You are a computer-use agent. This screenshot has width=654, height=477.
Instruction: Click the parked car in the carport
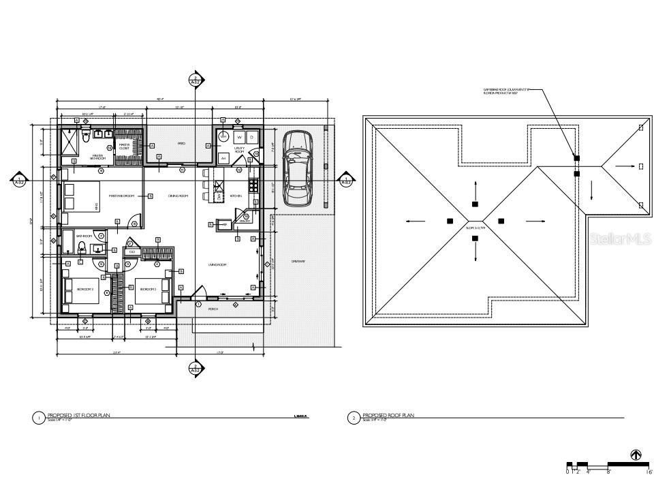(297, 168)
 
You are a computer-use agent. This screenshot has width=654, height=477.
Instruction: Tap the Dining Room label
(178, 196)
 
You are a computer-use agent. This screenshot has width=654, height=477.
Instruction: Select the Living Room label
(217, 264)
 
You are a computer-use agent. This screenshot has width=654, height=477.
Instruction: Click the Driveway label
(298, 261)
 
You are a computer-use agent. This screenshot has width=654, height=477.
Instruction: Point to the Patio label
(181, 144)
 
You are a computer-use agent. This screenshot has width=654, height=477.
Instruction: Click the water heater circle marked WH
(223, 137)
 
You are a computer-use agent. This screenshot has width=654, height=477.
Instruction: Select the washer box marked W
(239, 137)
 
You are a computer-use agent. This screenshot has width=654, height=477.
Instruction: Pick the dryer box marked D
(251, 137)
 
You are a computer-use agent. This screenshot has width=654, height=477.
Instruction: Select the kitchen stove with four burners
(253, 185)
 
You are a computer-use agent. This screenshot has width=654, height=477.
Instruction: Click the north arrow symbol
(636, 455)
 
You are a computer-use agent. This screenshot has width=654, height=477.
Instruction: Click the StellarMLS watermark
(621, 240)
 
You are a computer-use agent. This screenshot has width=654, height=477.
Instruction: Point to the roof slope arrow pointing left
(418, 221)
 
